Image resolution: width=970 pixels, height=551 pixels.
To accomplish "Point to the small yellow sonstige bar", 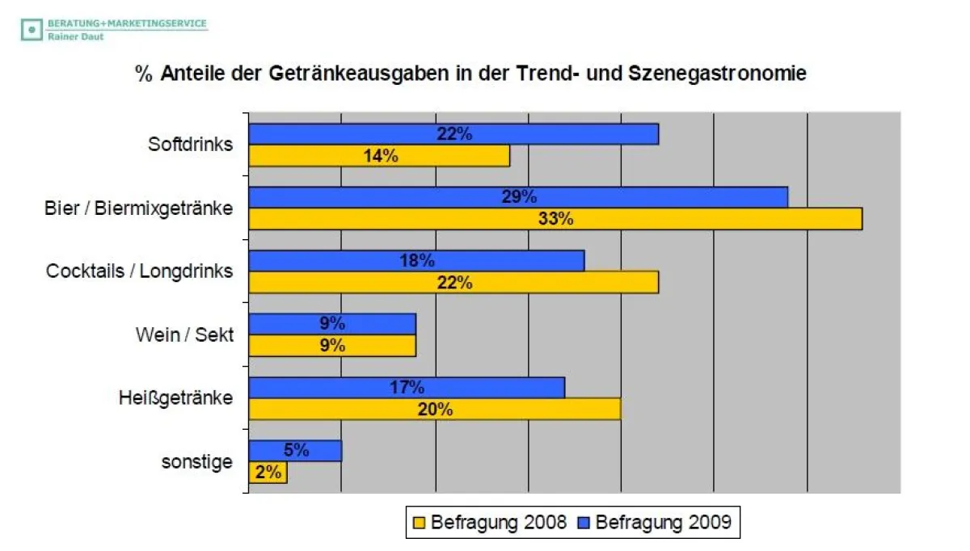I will (268, 473).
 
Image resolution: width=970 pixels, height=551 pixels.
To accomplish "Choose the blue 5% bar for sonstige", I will (295, 451).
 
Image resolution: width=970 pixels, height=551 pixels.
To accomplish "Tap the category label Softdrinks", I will (190, 145).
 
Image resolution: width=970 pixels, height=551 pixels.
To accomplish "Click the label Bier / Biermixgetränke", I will (138, 208).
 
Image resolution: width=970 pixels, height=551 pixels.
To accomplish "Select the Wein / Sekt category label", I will (184, 334).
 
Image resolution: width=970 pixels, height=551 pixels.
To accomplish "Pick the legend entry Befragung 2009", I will (654, 522).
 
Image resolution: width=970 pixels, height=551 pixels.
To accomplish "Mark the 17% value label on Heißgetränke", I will (406, 387).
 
